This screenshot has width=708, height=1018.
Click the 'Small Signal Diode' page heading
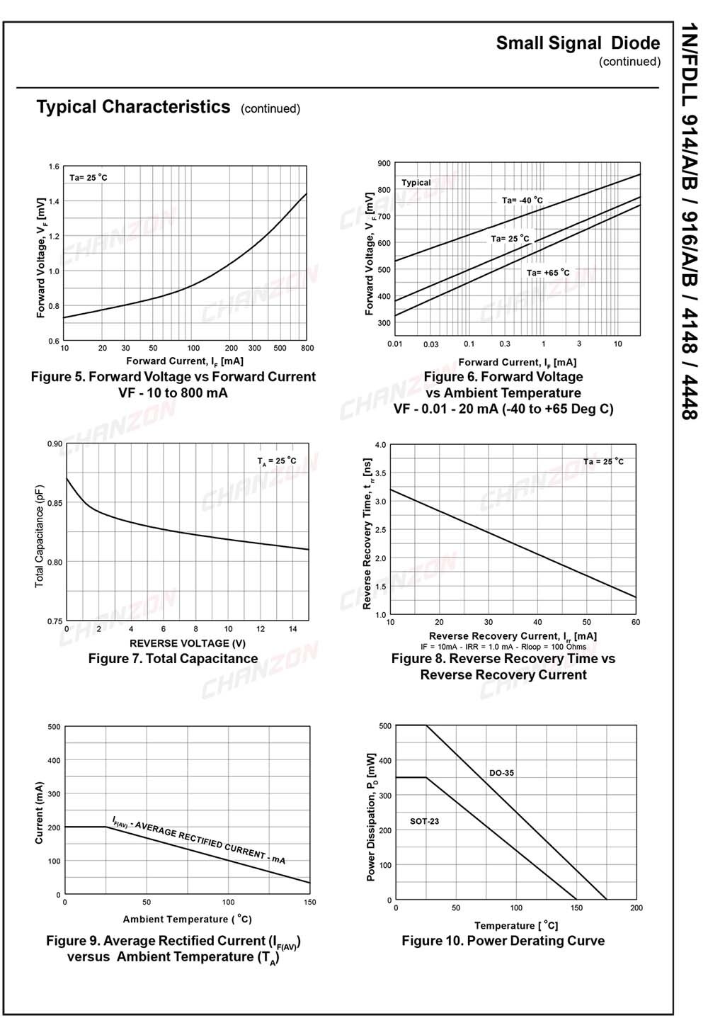pyautogui.click(x=578, y=43)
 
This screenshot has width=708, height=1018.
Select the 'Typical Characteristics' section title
pyautogui.click(x=133, y=107)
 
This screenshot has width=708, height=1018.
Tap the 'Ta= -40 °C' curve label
pyautogui.click(x=523, y=200)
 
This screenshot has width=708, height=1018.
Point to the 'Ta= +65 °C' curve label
pyautogui.click(x=548, y=273)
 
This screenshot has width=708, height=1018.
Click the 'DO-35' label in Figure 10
pyautogui.click(x=501, y=773)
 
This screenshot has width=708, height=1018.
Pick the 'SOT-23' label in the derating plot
pyautogui.click(x=424, y=821)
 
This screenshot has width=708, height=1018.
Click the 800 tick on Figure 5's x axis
pyautogui.click(x=307, y=348)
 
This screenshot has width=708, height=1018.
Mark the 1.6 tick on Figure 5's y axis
pyautogui.click(x=54, y=167)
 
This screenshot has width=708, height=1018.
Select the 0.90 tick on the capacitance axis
pyautogui.click(x=54, y=444)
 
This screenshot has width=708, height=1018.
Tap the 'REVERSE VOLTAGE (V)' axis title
pyautogui.click(x=188, y=643)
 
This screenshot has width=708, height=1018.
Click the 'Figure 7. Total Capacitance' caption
pyautogui.click(x=173, y=659)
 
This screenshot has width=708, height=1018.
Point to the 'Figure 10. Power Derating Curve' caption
pyautogui.click(x=503, y=941)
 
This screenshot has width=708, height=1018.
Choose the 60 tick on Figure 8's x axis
pyautogui.click(x=636, y=622)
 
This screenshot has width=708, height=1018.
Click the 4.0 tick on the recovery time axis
pyautogui.click(x=381, y=445)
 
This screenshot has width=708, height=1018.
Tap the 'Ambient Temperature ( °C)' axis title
pyautogui.click(x=187, y=920)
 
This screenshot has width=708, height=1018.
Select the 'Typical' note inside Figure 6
pyautogui.click(x=416, y=183)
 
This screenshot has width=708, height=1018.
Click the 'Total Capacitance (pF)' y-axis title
pyautogui.click(x=40, y=536)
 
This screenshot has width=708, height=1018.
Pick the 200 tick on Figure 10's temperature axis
pyautogui.click(x=636, y=907)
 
